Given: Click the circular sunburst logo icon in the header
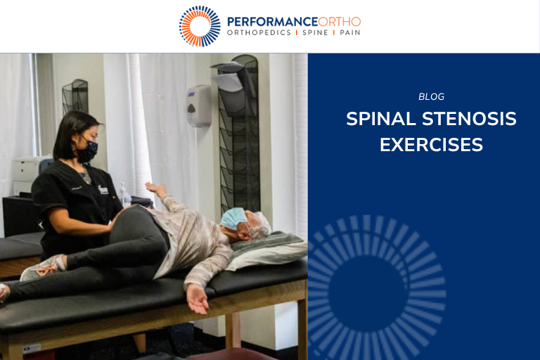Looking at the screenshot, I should [x=200, y=26].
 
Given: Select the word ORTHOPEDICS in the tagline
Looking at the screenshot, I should [x=258, y=33].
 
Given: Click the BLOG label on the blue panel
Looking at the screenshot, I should [x=431, y=97].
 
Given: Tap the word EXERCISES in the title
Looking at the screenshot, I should [x=431, y=145].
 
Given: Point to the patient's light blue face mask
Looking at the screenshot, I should [x=233, y=218].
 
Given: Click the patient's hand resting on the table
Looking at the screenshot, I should [x=197, y=300].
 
